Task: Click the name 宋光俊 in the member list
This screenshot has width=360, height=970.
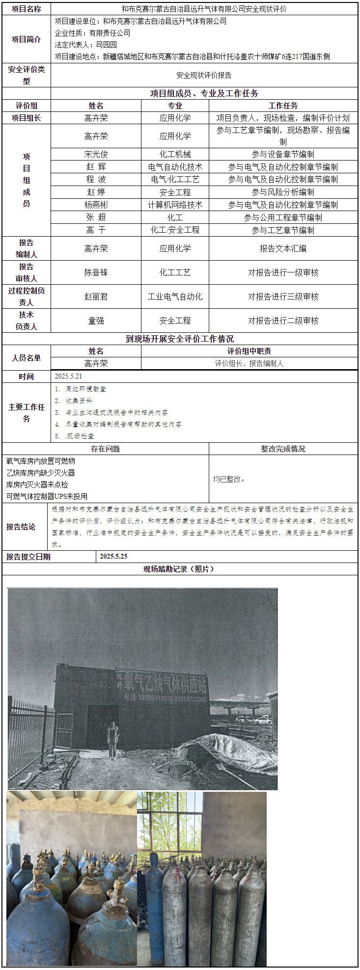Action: tap(96, 154)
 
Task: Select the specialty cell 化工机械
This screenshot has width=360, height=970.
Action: tap(175, 154)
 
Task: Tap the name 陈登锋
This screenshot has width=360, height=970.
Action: tap(96, 272)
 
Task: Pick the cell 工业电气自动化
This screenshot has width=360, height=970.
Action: tap(175, 296)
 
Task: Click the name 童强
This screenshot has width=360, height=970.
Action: tap(96, 321)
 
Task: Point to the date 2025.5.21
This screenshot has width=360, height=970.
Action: tap(69, 377)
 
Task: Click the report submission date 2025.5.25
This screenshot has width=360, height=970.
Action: tap(113, 556)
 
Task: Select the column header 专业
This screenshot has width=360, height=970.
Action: tap(175, 106)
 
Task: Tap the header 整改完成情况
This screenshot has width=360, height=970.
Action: tap(283, 449)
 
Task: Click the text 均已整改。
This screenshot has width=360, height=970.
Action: tap(229, 479)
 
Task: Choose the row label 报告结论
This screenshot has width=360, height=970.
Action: tap(21, 527)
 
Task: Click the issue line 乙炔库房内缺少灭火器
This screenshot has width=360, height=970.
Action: tap(41, 473)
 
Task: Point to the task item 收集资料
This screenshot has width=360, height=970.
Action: tap(79, 401)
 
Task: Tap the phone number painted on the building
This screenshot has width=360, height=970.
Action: tap(165, 698)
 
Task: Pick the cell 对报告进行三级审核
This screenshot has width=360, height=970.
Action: tap(283, 296)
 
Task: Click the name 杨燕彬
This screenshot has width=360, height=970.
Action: tap(96, 205)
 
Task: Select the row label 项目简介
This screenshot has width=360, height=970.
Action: tap(27, 39)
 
